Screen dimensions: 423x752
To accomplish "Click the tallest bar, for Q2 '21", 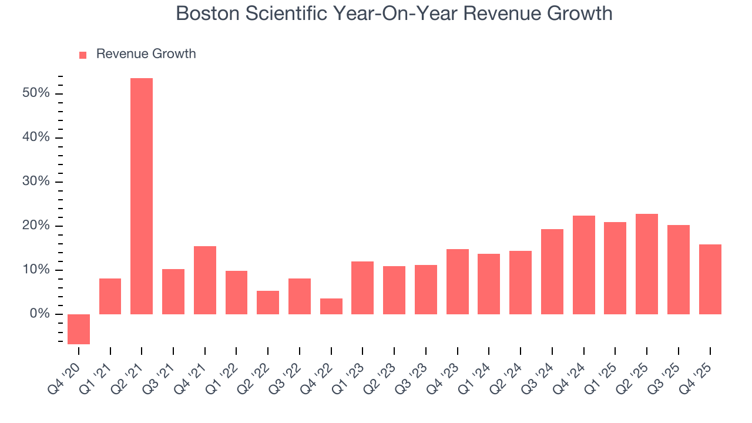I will pos(142,196).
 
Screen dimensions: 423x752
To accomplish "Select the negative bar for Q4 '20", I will pos(79,329).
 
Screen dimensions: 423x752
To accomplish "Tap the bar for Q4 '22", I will pos(331,306).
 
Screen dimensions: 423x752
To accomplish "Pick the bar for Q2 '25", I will pos(647,264).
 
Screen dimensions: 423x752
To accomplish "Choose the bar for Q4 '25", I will pos(710,279).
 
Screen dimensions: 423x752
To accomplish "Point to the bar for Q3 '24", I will pos(552,271).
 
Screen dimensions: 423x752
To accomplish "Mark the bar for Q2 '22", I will pos(268,303).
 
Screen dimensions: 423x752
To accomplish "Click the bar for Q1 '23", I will pos(362,288).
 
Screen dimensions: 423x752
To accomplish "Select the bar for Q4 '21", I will pos(205,280).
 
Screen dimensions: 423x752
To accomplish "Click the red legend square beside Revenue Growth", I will pos(83,55).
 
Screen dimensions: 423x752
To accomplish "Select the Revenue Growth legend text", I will pos(146,54).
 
